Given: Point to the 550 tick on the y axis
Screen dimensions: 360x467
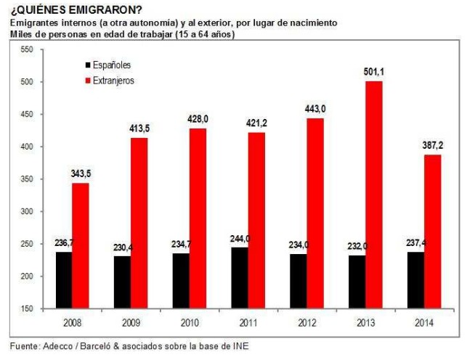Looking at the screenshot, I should [28, 49].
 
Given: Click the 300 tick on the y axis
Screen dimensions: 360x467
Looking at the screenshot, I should [28, 212].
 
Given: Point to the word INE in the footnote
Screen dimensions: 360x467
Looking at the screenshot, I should [240, 345].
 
